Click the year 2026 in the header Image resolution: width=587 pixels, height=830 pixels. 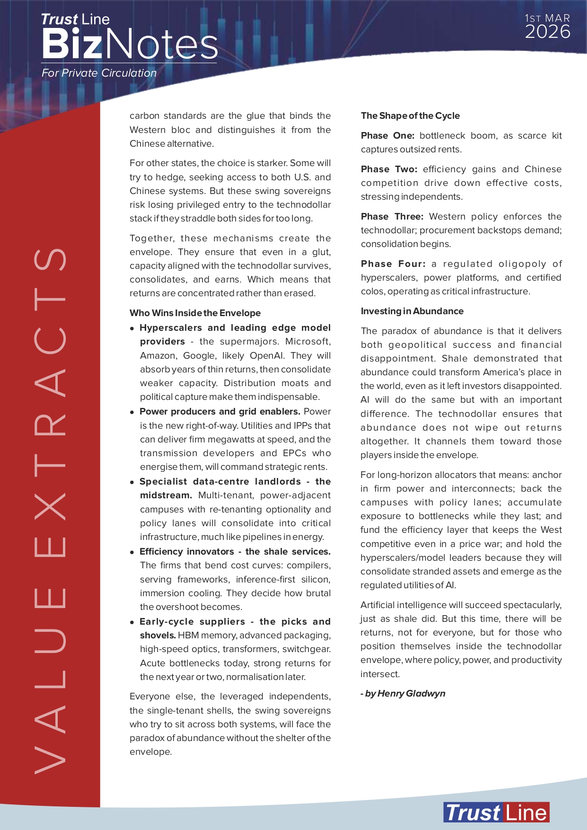[547, 32]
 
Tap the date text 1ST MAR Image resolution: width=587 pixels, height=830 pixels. [547, 18]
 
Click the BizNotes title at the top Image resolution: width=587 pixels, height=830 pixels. [130, 44]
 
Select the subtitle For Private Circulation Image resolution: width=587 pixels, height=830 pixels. [99, 73]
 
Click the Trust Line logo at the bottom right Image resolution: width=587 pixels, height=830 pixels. [496, 813]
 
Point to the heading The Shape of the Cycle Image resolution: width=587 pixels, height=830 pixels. [410, 116]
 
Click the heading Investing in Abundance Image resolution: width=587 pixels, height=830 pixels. [412, 311]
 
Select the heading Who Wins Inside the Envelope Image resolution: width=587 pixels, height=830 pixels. [195, 313]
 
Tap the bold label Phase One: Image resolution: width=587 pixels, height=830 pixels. [387, 136]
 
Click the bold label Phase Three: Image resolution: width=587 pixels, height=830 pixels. [392, 217]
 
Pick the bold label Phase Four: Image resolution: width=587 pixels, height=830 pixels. [393, 264]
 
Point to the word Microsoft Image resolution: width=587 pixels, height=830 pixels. [308, 342]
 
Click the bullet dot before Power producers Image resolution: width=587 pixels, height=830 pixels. [132, 412]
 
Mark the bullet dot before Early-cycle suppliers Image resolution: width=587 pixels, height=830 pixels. [132, 622]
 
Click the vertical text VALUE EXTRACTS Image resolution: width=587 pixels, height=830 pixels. [50, 511]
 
